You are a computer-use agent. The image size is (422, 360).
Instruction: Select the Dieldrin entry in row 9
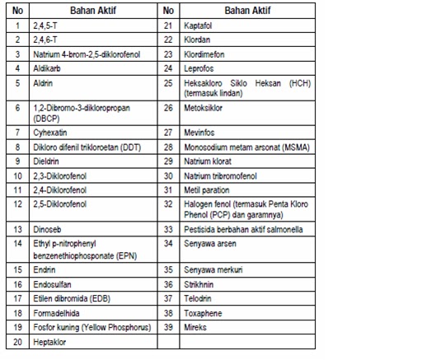pyautogui.click(x=46, y=162)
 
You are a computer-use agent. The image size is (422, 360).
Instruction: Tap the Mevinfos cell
pyautogui.click(x=201, y=131)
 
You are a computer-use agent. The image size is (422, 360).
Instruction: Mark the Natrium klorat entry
pyautogui.click(x=209, y=162)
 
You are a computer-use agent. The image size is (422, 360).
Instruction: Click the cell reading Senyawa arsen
pyautogui.click(x=212, y=244)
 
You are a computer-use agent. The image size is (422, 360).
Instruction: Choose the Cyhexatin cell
pyautogui.click(x=49, y=131)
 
